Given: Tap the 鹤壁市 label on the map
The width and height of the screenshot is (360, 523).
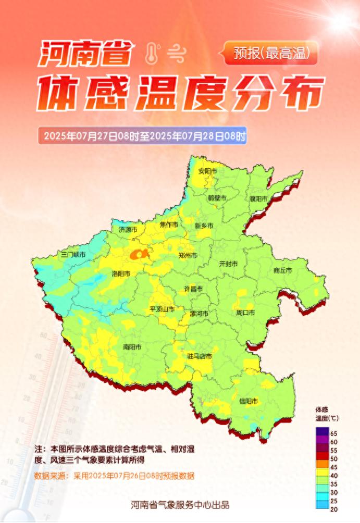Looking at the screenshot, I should pyautogui.click(x=217, y=198).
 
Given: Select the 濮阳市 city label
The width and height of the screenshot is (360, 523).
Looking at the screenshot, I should pyautogui.click(x=258, y=199).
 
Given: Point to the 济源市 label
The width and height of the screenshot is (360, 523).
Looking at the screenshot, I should pyautogui.click(x=128, y=229).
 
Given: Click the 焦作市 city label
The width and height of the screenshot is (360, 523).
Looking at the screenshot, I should pyautogui.click(x=169, y=225).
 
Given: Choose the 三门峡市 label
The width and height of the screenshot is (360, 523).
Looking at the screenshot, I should pyautogui.click(x=73, y=255).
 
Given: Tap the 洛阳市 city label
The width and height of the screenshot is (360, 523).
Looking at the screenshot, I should pyautogui.click(x=121, y=273).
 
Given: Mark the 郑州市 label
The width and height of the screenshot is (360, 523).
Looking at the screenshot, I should pyautogui.click(x=188, y=256).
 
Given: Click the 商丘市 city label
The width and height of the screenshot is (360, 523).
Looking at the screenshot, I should pyautogui.click(x=282, y=270).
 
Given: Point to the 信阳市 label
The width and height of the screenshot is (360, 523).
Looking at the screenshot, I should pyautogui.click(x=249, y=401).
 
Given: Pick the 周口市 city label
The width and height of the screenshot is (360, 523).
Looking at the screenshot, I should pyautogui.click(x=245, y=313).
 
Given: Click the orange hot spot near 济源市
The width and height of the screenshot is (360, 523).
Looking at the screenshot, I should pyautogui.click(x=139, y=254).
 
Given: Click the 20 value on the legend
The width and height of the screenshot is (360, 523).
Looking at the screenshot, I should pyautogui.click(x=334, y=509).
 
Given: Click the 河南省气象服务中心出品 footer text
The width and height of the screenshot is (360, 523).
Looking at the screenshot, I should pyautogui.click(x=180, y=505).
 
